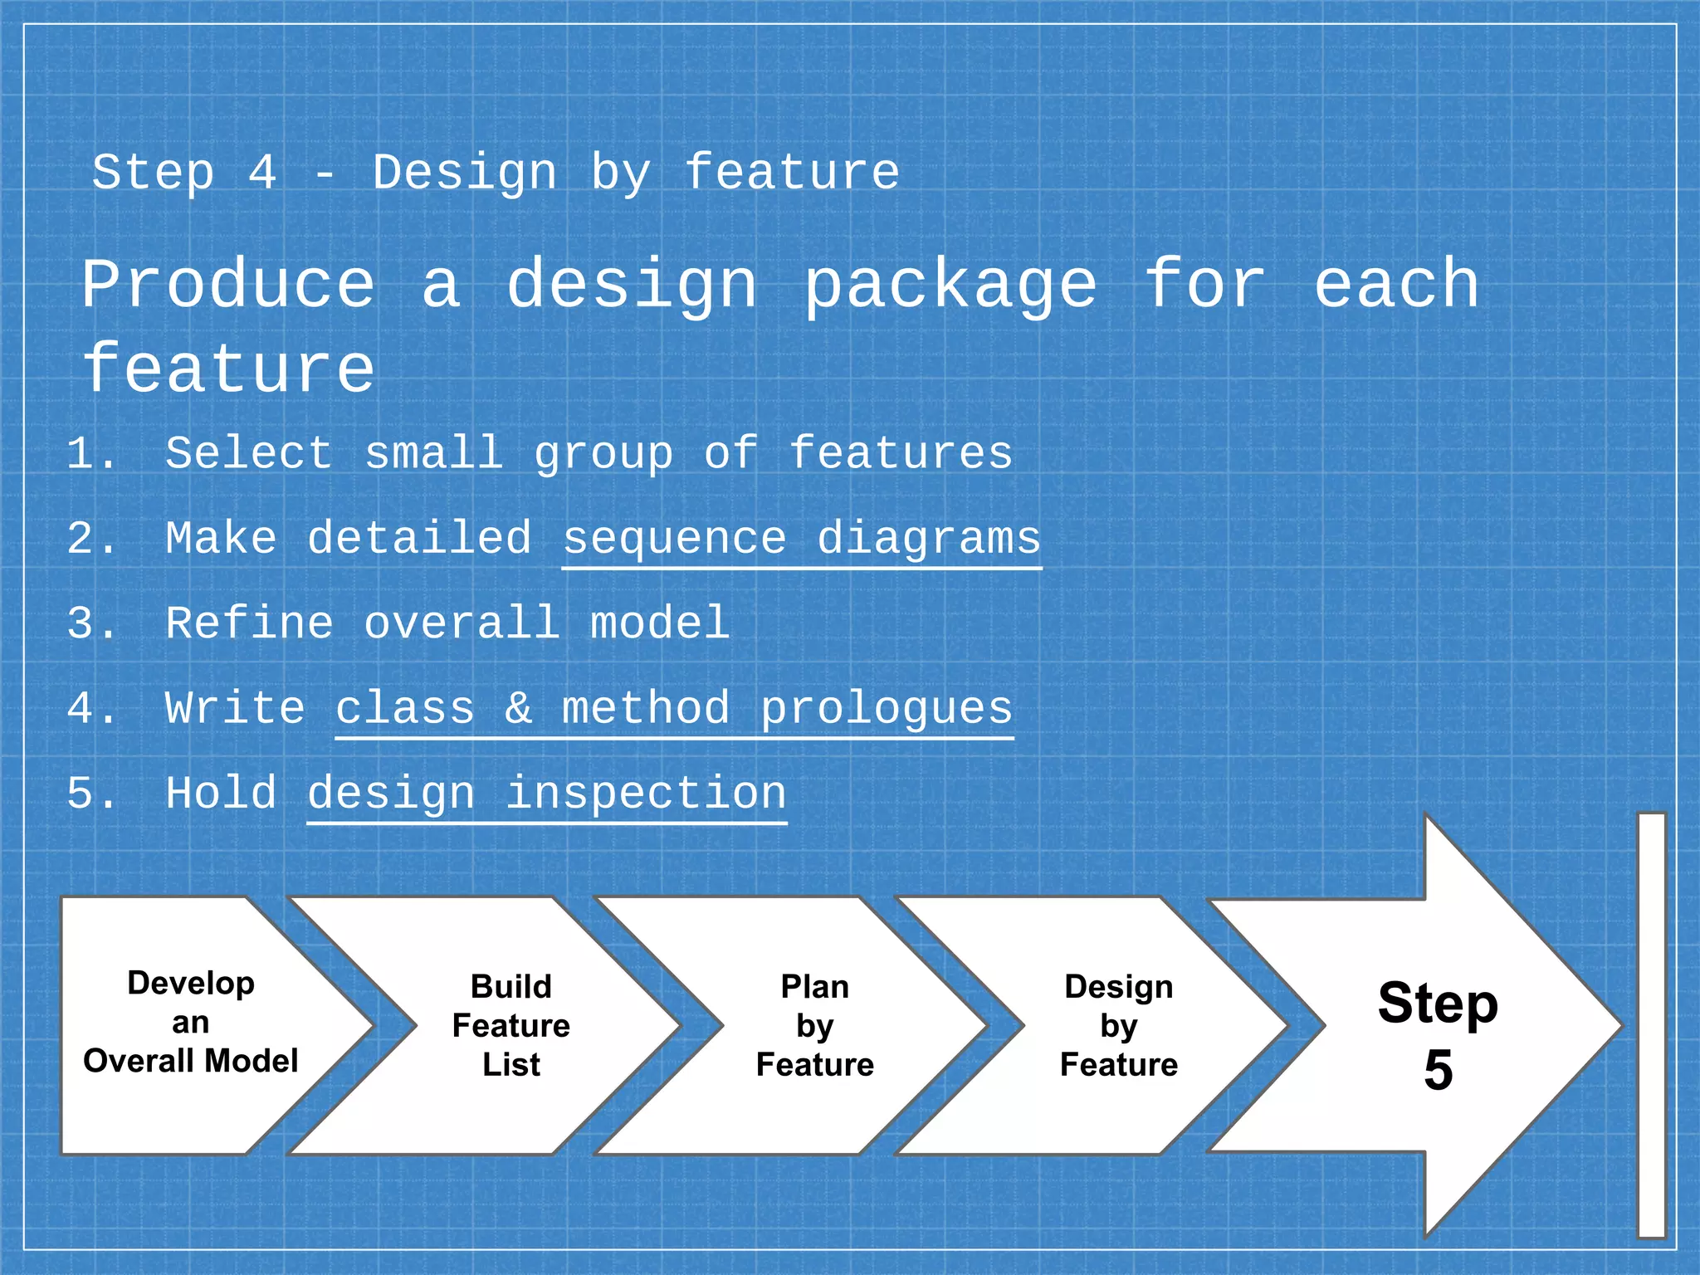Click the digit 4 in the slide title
point(262,173)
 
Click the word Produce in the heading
point(228,286)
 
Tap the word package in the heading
point(950,286)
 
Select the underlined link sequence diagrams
point(801,540)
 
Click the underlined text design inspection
point(546,794)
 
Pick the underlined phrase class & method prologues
point(674,709)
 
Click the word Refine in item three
point(249,623)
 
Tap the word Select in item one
point(249,454)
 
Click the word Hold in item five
point(221,794)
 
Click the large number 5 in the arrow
point(1438,1071)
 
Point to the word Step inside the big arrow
point(1438,1004)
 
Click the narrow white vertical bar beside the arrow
point(1651,1024)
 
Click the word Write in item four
point(235,709)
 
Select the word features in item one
point(901,454)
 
